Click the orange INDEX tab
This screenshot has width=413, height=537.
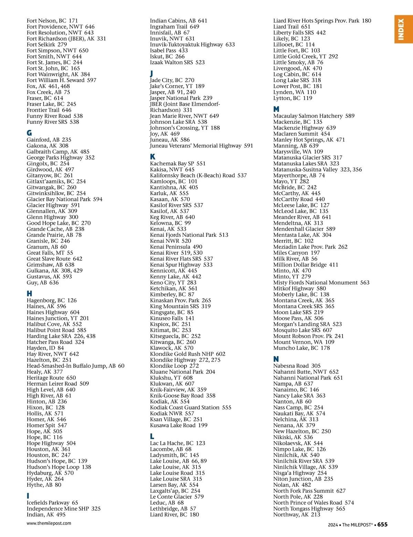[x=403, y=29]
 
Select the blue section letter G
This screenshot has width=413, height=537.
[x=29, y=133]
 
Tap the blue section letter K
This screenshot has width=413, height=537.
[x=152, y=156]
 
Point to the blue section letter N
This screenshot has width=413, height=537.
[x=276, y=359]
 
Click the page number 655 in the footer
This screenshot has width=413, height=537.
[x=382, y=525]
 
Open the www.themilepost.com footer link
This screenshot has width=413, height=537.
[x=49, y=523]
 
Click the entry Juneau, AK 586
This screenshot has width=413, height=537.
[x=170, y=140]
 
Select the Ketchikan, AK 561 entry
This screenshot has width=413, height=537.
[x=174, y=288]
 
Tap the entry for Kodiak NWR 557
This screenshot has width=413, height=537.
[x=172, y=413]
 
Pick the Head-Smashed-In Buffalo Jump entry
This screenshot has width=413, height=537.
[x=75, y=366]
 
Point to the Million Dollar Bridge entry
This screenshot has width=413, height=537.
[x=306, y=265]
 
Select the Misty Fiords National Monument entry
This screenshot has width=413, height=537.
[x=321, y=283]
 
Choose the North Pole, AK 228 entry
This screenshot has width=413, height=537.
[x=298, y=497]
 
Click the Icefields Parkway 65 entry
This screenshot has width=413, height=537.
[x=52, y=503]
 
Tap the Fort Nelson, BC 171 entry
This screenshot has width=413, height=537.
[x=52, y=21]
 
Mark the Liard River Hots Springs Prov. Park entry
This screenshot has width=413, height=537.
[x=322, y=21]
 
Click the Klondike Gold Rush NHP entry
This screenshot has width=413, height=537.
[x=188, y=354]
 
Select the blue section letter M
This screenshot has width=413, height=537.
[x=276, y=109]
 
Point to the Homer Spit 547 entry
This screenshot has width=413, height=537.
[x=47, y=425]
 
